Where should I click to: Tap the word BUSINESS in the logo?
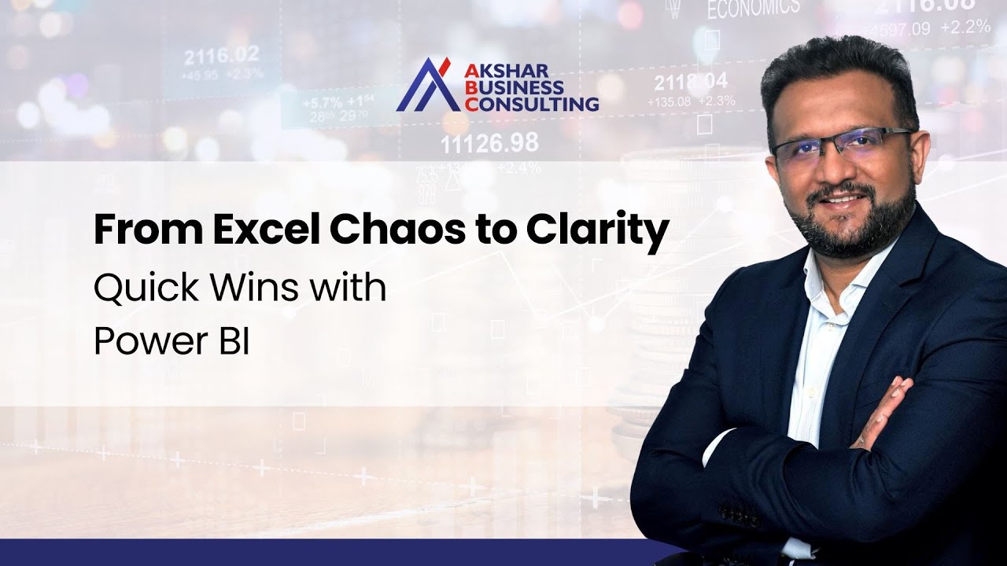(515, 86)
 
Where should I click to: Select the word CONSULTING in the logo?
(532, 103)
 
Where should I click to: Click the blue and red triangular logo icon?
(427, 85)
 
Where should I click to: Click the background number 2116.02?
(221, 57)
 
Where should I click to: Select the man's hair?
(834, 71)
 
